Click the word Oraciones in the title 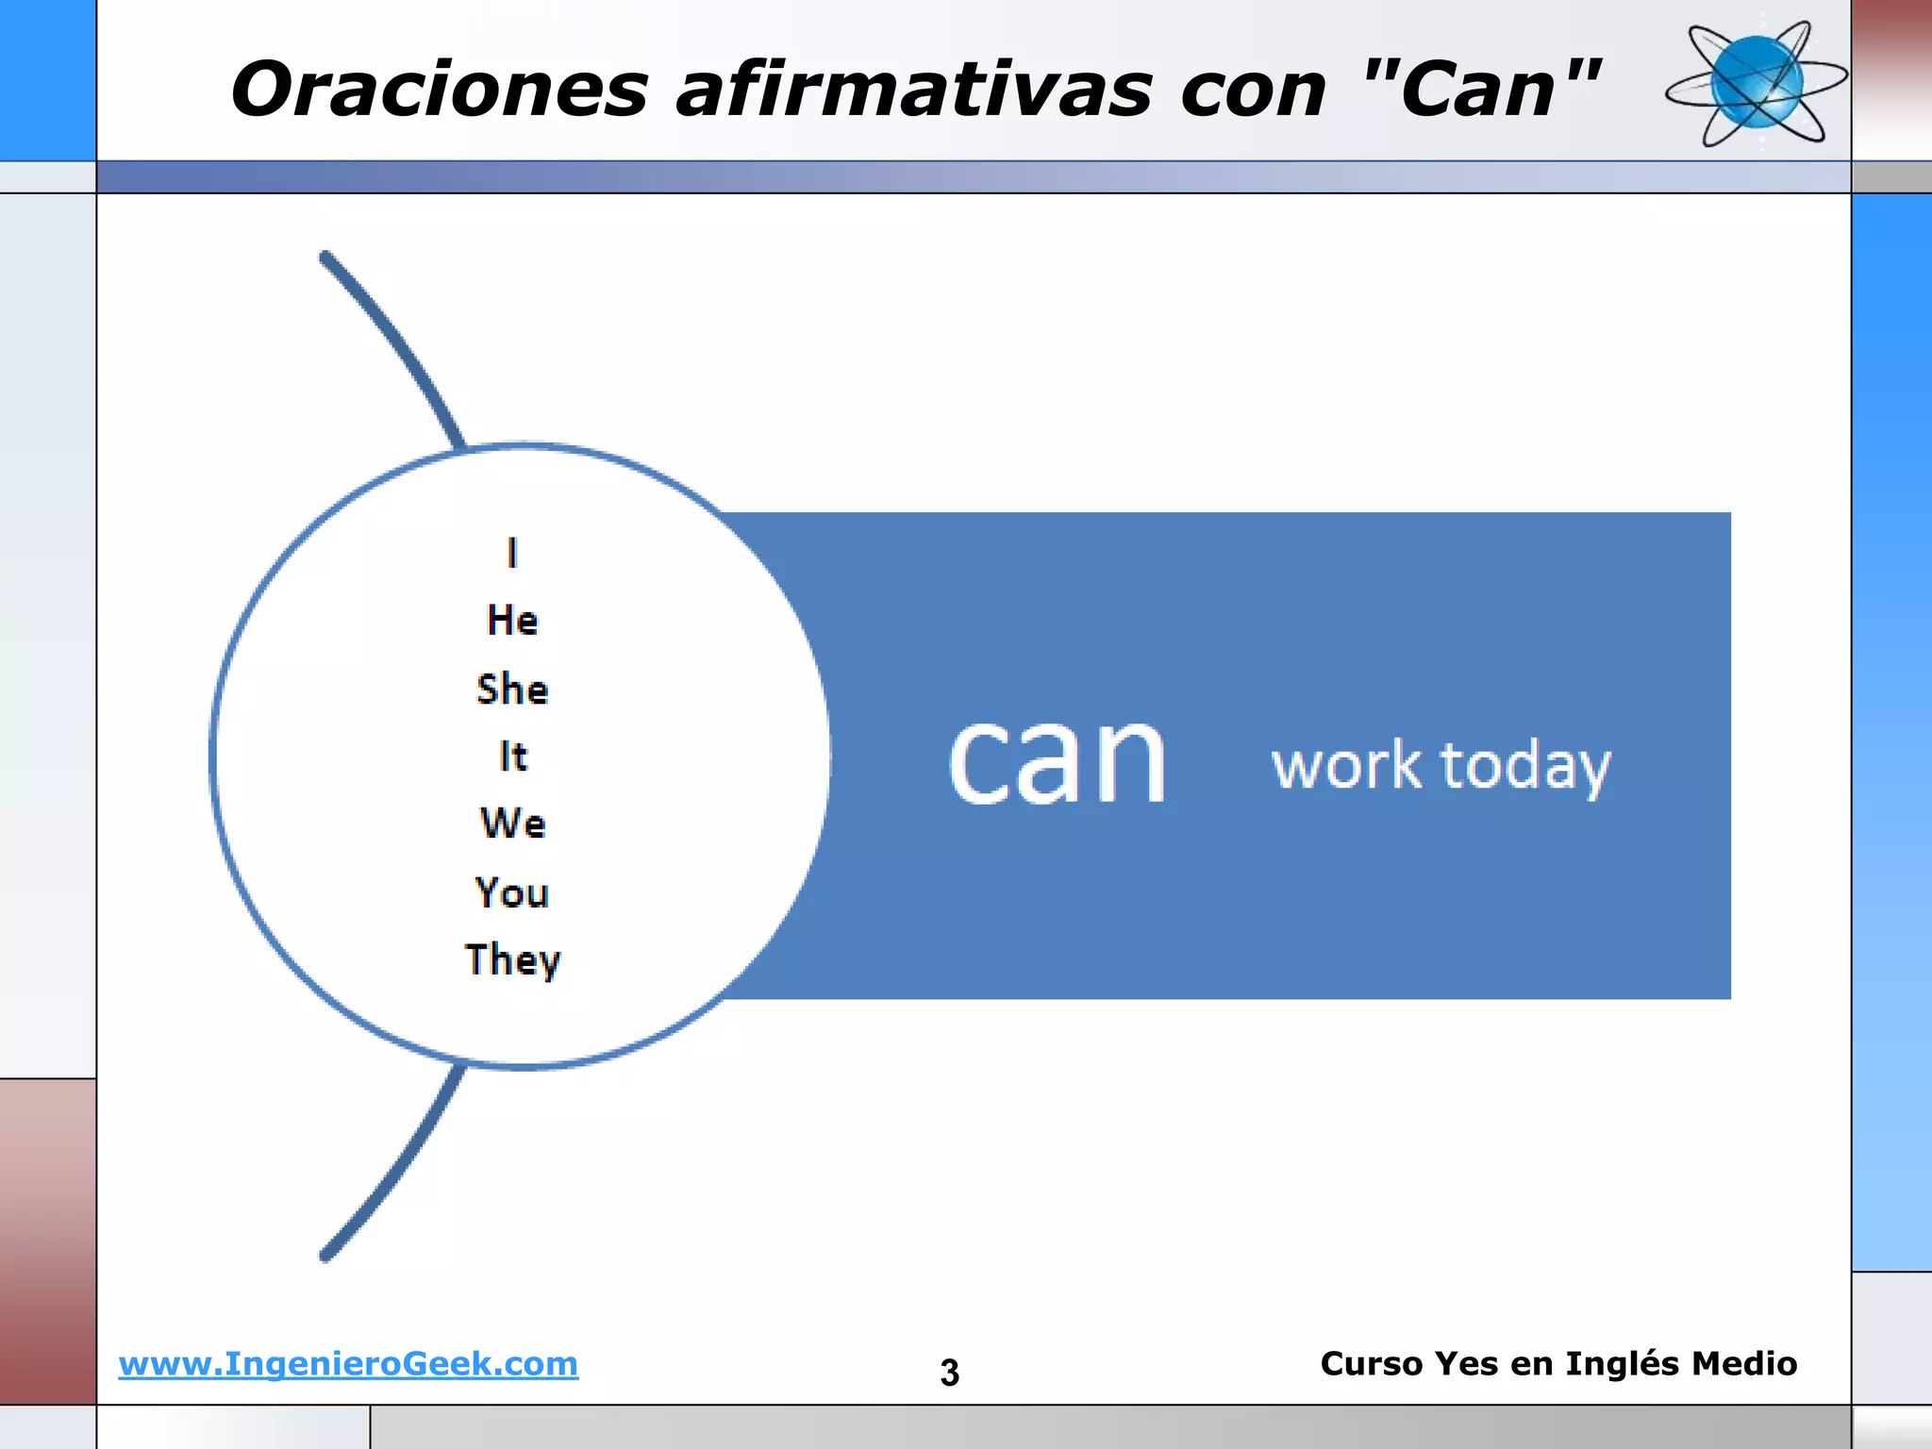click(x=440, y=91)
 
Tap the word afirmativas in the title click(x=913, y=91)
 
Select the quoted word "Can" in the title click(x=1482, y=89)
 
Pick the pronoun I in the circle click(x=512, y=553)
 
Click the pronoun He click(x=512, y=621)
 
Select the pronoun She click(x=512, y=690)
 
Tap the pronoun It click(x=512, y=757)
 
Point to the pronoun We click(x=512, y=824)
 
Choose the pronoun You click(x=512, y=892)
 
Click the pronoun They click(x=512, y=960)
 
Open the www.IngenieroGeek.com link click(x=348, y=1364)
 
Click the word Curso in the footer click(x=1371, y=1364)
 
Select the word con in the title click(x=1254, y=91)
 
